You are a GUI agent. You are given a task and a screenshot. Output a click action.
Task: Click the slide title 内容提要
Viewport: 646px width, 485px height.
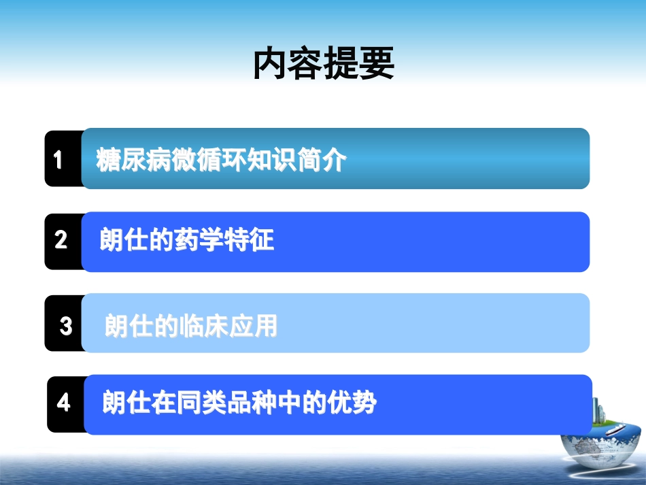323,66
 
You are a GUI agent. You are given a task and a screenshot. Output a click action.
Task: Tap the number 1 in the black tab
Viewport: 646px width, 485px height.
58,160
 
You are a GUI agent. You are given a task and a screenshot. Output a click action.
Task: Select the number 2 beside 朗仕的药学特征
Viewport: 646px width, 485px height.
61,240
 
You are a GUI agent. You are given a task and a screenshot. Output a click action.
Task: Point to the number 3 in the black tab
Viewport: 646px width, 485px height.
65,327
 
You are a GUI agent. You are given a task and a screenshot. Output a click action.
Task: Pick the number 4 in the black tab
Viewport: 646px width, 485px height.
64,403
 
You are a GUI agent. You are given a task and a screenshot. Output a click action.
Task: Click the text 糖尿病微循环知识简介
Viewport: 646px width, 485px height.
222,161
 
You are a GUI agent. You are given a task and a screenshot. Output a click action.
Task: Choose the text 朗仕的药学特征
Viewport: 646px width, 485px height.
187,241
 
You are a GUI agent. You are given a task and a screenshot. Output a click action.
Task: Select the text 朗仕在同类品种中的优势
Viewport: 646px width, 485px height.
239,403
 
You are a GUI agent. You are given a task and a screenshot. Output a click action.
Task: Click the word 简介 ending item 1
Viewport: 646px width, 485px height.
322,161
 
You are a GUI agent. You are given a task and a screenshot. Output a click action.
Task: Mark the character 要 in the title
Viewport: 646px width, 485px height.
377,66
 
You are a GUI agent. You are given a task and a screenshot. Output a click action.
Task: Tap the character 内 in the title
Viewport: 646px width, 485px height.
270,66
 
